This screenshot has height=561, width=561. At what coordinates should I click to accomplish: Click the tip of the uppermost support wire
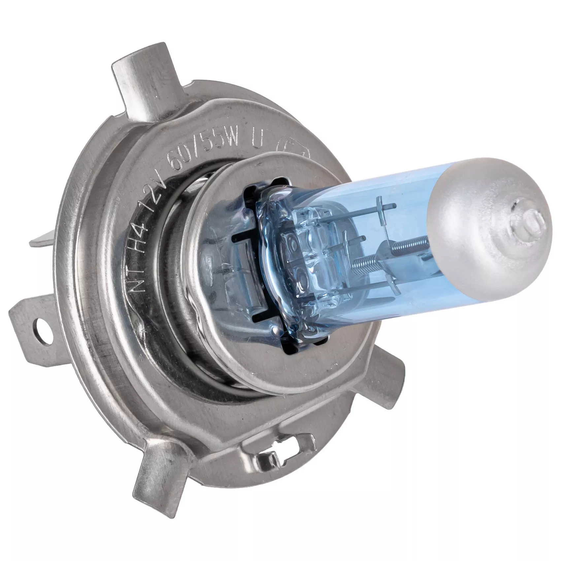(394, 206)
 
